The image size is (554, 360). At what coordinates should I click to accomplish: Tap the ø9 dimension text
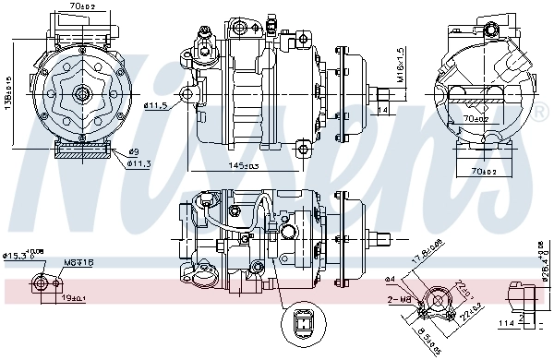[134, 151]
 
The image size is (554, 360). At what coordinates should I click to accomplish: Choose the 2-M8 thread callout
[398, 300]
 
